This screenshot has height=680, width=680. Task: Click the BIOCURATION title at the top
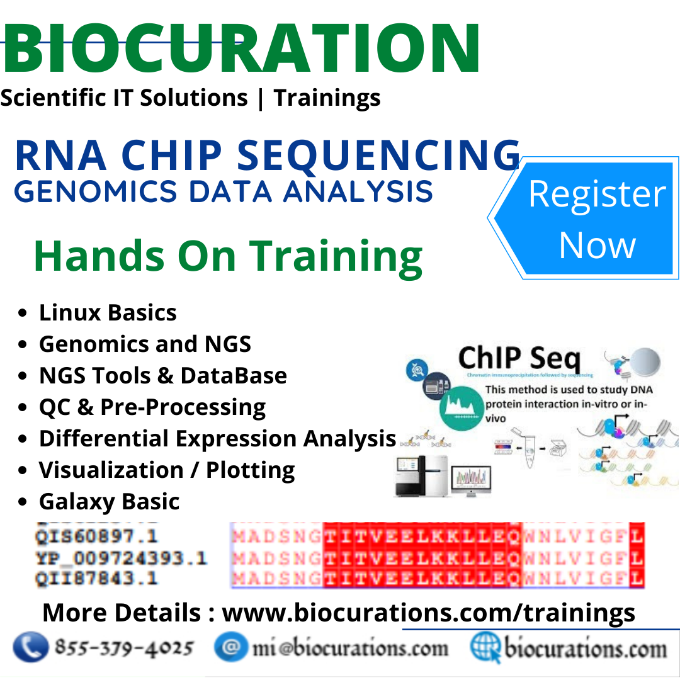point(241,49)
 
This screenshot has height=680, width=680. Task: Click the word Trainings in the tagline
point(327,98)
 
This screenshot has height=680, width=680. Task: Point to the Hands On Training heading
point(228,256)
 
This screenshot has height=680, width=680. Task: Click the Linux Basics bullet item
point(108,313)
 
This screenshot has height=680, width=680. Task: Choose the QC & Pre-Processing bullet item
point(152,407)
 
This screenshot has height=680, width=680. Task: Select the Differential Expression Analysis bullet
point(217,439)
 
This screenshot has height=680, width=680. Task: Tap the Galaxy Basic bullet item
point(109,502)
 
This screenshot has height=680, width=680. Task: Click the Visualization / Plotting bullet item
point(167,470)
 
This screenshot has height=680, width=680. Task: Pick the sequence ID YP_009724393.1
point(121,558)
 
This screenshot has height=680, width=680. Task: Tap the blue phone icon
point(30,648)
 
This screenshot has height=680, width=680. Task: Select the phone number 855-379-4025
point(124,648)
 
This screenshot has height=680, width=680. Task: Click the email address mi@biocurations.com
point(350,649)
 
